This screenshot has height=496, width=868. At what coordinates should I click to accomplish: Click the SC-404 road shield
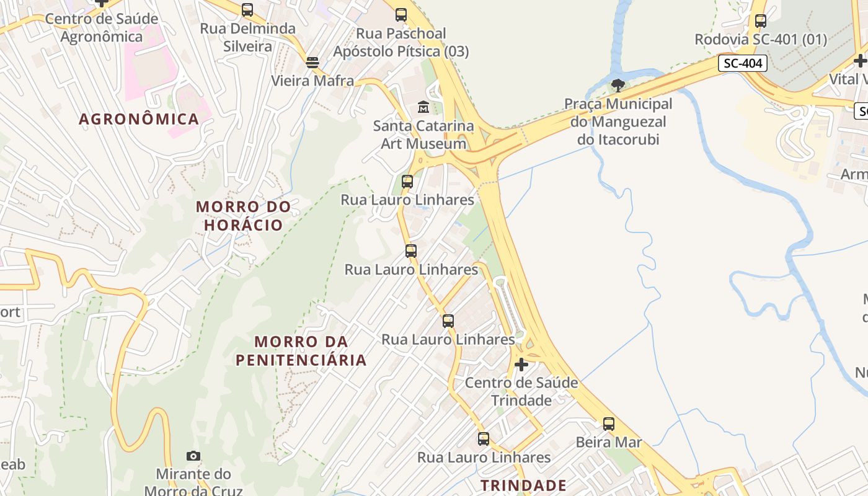pyautogui.click(x=743, y=63)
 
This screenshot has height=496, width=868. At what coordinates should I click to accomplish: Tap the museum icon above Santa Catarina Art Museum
pyautogui.click(x=423, y=107)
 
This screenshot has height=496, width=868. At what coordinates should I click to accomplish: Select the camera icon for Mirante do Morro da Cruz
pyautogui.click(x=193, y=456)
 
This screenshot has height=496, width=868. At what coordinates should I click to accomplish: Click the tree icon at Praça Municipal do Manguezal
pyautogui.click(x=618, y=85)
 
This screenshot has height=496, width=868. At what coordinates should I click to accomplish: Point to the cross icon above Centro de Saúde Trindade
pyautogui.click(x=521, y=364)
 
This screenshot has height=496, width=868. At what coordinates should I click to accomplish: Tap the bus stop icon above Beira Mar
pyautogui.click(x=609, y=424)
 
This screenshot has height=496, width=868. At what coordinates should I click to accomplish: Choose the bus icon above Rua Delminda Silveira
pyautogui.click(x=247, y=10)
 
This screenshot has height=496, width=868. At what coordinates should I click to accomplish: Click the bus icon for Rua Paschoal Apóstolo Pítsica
pyautogui.click(x=401, y=15)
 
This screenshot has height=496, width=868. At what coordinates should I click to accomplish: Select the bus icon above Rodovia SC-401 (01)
pyautogui.click(x=761, y=21)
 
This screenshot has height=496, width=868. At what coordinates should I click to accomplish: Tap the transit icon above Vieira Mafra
pyautogui.click(x=312, y=62)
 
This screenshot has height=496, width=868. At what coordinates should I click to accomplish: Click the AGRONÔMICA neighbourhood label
pyautogui.click(x=139, y=119)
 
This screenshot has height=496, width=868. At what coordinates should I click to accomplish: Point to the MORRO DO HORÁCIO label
pyautogui.click(x=244, y=216)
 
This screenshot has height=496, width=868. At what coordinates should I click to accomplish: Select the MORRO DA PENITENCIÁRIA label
pyautogui.click(x=301, y=351)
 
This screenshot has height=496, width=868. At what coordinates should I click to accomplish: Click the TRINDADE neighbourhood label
pyautogui.click(x=524, y=485)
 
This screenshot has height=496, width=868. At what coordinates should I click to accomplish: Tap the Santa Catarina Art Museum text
pyautogui.click(x=423, y=135)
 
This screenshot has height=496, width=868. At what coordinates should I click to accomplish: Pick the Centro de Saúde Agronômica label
pyautogui.click(x=102, y=28)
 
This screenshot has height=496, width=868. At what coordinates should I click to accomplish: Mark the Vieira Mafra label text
pyautogui.click(x=312, y=81)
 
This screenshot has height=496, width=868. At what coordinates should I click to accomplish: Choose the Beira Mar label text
pyautogui.click(x=609, y=442)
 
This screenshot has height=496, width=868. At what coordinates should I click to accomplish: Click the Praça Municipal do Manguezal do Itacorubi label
pyautogui.click(x=618, y=122)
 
